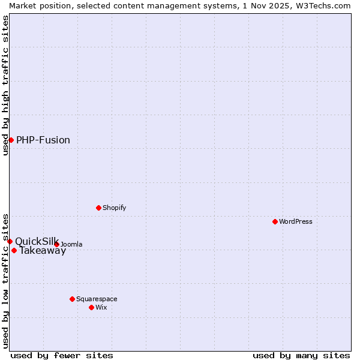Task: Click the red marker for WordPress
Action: [x=275, y=221]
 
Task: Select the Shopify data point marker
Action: [x=98, y=208]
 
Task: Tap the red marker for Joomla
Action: [x=56, y=244]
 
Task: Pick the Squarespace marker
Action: [x=72, y=299]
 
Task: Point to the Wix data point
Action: [x=91, y=307]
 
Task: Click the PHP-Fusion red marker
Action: [x=11, y=140]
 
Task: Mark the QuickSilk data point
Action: [x=10, y=241]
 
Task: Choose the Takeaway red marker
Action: [x=14, y=250]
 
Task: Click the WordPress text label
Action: [x=296, y=221]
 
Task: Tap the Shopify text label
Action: [x=114, y=208]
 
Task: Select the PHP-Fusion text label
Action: [x=43, y=140]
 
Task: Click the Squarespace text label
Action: [x=97, y=299]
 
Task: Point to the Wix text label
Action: [x=101, y=307]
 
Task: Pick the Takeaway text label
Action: [x=43, y=251]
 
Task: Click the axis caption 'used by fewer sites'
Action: [x=62, y=355]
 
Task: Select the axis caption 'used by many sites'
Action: [x=301, y=355]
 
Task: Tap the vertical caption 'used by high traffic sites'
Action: [x=5, y=85]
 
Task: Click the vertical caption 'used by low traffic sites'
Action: [x=5, y=280]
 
